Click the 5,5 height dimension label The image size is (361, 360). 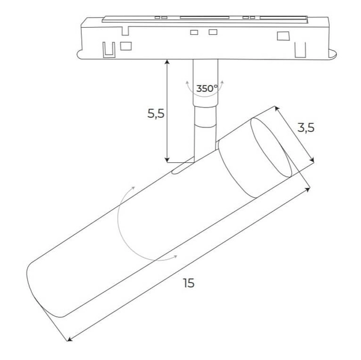click(x=155, y=114)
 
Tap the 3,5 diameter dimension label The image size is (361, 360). click(x=306, y=127)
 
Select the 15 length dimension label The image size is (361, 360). click(x=189, y=282)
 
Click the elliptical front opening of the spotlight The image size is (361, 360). click(x=270, y=150)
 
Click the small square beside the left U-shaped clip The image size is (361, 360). click(x=126, y=45)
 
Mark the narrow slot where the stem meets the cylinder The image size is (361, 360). click(x=181, y=171)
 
